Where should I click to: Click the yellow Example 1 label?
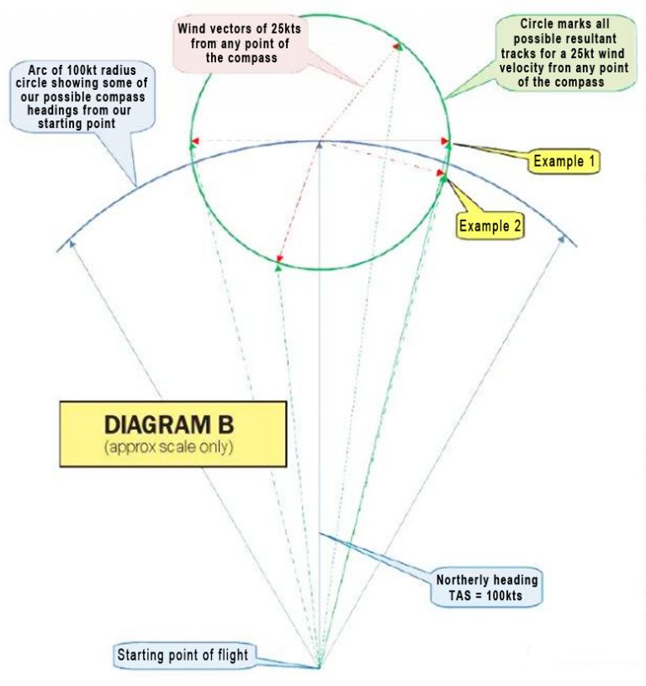tap(564, 161)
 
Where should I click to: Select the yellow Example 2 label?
tap(490, 226)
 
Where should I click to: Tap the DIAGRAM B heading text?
tap(169, 424)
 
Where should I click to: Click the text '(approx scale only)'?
tap(169, 447)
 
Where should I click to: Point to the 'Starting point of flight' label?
tap(183, 655)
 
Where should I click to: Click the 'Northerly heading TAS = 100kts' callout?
tap(486, 588)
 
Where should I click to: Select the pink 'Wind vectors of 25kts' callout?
tap(240, 43)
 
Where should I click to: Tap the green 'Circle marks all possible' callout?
tap(564, 53)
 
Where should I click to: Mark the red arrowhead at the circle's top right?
tap(397, 45)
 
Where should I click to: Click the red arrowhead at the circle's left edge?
tap(195, 141)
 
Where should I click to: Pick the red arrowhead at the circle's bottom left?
tap(280, 259)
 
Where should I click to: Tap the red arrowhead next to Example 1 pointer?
tap(445, 141)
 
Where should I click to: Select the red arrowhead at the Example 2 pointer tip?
tap(440, 173)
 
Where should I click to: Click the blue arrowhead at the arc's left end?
tap(72, 244)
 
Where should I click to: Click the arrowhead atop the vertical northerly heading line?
tap(320, 144)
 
